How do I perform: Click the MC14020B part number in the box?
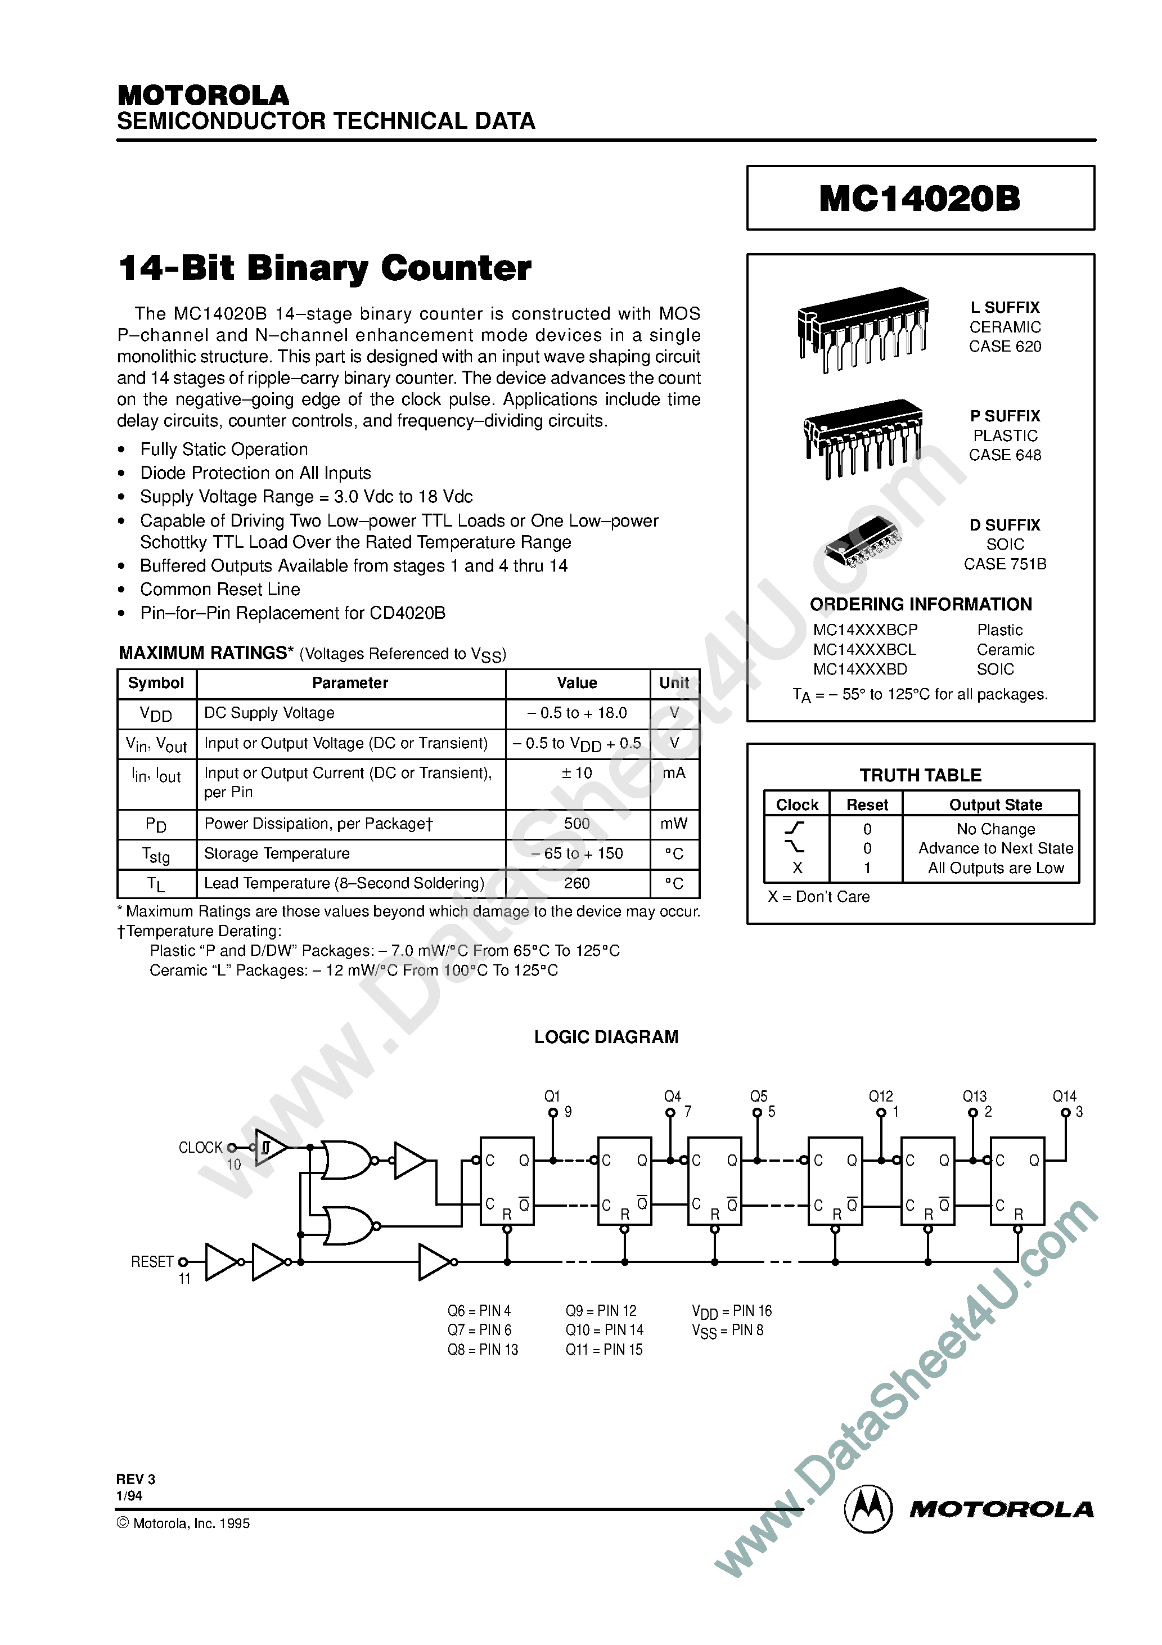pos(920,199)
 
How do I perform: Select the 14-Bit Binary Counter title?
pos(325,269)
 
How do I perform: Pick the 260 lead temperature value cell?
pos(577,883)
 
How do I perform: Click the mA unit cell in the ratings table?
pos(673,773)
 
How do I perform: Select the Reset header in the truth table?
pos(867,805)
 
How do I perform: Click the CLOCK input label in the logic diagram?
pos(201,1148)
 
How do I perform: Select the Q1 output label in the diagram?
pos(552,1096)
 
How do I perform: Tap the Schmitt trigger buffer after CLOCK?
pos(270,1148)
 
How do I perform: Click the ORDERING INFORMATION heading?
pos(921,605)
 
